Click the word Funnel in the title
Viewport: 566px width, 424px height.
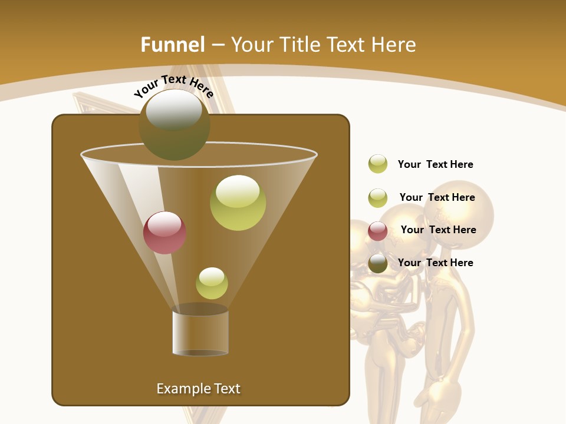click(172, 45)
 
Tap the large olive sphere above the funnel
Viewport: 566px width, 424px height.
click(175, 124)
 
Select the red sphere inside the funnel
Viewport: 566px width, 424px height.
click(165, 232)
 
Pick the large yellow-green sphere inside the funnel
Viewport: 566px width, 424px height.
click(238, 203)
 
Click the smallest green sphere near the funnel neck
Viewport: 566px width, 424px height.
click(212, 283)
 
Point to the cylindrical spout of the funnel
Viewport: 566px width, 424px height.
click(200, 333)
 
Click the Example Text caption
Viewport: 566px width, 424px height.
click(198, 389)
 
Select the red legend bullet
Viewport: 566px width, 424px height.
click(378, 231)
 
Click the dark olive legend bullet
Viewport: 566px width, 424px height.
click(378, 263)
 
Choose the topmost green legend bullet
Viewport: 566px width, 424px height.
click(378, 164)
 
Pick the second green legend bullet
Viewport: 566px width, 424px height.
click(378, 198)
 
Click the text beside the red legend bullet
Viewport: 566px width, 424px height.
click(438, 230)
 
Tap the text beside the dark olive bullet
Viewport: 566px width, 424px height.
click(435, 263)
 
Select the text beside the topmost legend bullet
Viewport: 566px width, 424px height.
click(435, 164)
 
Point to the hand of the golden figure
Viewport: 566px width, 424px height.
click(443, 400)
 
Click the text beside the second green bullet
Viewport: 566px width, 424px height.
click(437, 197)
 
